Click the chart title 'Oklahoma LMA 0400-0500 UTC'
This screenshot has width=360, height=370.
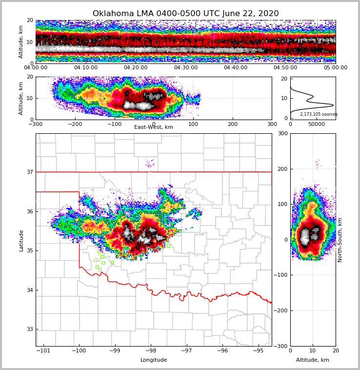(x=185, y=14)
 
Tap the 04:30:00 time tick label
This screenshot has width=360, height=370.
(x=186, y=68)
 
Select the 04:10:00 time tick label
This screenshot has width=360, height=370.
(x=85, y=68)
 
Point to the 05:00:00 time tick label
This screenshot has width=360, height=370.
(x=336, y=68)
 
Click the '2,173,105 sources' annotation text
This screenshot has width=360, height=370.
(x=319, y=114)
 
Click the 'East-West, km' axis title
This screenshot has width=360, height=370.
(x=154, y=127)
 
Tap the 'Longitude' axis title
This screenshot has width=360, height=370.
(x=154, y=360)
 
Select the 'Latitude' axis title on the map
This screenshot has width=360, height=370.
(x=21, y=240)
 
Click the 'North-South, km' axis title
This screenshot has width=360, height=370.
(x=340, y=240)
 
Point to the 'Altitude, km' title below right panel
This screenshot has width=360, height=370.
(x=313, y=360)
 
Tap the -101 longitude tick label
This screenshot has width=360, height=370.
(x=44, y=350)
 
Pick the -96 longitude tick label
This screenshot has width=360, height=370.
(x=222, y=350)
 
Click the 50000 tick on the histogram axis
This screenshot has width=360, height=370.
(x=317, y=124)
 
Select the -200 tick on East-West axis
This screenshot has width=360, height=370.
(x=75, y=124)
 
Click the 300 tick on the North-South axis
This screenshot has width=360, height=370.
(x=282, y=133)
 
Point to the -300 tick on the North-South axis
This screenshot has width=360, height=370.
(x=280, y=346)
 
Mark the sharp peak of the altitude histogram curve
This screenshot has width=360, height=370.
(x=333, y=105)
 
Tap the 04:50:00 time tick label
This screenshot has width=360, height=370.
(x=285, y=68)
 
